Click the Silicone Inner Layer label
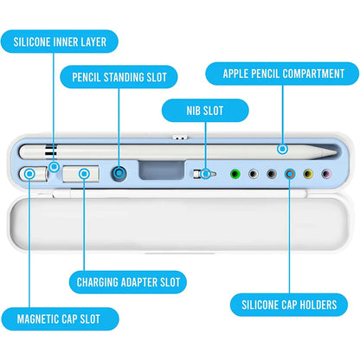60,42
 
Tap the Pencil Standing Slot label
119,77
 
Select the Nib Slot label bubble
205,111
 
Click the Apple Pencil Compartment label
282,74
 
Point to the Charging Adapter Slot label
128,282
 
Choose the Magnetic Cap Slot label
60,319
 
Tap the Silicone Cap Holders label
289,305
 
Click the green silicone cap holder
235,174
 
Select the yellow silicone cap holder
308,174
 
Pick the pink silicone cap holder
326,174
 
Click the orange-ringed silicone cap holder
290,174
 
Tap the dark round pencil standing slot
119,173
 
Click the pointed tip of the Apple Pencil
337,152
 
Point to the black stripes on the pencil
51,151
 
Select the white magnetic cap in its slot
34,174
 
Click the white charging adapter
81,174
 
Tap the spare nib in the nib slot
204,174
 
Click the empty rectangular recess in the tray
162,170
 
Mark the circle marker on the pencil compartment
283,149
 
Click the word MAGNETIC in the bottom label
38,319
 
